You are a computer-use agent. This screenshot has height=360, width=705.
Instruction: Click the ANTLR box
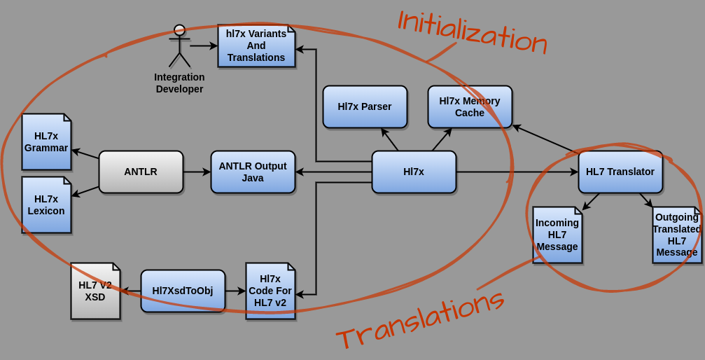141,172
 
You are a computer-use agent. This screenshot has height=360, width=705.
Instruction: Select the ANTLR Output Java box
253,172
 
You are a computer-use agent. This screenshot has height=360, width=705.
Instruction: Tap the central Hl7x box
414,172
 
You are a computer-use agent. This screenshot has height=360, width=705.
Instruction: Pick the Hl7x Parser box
365,106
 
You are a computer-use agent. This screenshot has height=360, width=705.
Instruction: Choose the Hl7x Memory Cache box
470,106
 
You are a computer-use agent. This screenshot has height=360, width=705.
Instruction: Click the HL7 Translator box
620,172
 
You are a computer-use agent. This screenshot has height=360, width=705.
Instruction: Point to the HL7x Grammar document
46,141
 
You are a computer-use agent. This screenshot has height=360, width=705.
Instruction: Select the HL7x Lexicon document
46,205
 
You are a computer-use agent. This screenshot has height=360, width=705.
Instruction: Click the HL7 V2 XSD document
95,291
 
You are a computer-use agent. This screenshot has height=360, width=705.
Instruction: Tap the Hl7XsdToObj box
183,291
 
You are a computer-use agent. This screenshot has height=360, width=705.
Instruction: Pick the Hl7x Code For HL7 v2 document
270,291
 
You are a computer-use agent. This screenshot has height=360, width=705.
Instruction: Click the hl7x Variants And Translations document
256,46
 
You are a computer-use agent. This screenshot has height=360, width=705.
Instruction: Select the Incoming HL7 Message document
557,235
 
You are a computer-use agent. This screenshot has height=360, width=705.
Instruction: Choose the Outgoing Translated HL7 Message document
677,235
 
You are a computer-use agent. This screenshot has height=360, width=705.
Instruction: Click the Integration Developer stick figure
180,48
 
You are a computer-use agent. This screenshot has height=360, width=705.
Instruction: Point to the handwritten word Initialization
472,32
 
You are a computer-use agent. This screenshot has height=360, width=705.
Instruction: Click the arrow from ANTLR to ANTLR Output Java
197,172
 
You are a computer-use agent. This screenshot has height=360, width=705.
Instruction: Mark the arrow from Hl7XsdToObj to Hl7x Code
235,291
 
